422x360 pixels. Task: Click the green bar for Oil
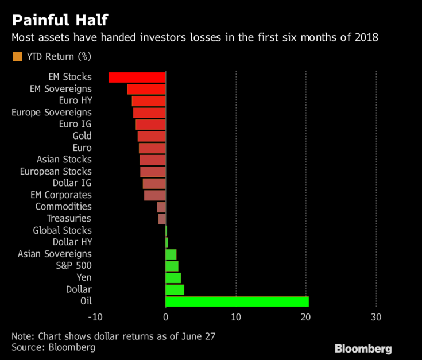[237, 301]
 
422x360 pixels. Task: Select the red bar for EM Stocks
[137, 77]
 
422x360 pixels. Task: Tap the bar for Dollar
[175, 289]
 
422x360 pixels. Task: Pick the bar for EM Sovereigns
[146, 89]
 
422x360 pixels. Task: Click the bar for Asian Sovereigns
[171, 254]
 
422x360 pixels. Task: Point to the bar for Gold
[152, 136]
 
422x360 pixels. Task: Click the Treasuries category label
[69, 218]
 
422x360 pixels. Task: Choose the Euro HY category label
[75, 100]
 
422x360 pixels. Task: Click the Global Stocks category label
[62, 230]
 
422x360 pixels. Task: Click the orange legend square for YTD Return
[17, 56]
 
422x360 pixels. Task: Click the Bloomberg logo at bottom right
[363, 349]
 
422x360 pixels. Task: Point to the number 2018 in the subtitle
[367, 39]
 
